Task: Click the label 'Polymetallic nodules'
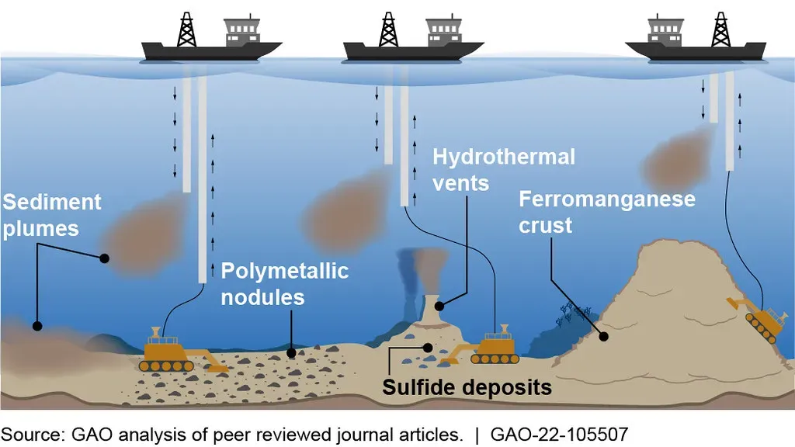point(284,283)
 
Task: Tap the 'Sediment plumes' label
point(51,215)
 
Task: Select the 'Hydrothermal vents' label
point(504,169)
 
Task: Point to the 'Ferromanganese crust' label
point(606,212)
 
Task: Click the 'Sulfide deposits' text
point(467,386)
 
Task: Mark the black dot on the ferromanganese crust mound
point(602,335)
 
